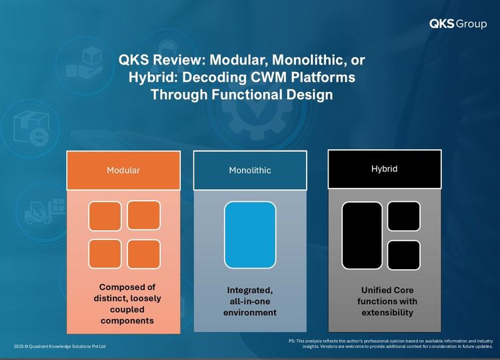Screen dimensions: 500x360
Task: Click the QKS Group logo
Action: point(458,24)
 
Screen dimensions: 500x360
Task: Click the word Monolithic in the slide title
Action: point(307,59)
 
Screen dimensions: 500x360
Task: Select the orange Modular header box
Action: point(123,170)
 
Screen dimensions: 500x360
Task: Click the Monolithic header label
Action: point(250,170)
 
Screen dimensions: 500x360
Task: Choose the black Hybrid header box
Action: point(385,169)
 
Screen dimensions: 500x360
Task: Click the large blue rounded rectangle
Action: point(250,235)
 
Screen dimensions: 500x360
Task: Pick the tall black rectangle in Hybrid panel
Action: point(362,235)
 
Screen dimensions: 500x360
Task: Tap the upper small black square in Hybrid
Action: point(404,216)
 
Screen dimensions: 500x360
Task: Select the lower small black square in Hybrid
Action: point(404,255)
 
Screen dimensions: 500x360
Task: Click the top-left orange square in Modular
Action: point(105,216)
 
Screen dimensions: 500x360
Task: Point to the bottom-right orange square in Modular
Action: point(144,254)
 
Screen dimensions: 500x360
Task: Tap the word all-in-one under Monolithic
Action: point(250,301)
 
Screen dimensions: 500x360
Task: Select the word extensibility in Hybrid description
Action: point(387,313)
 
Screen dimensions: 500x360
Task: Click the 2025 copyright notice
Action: point(59,346)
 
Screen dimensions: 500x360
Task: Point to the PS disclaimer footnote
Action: point(391,343)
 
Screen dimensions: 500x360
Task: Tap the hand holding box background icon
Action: point(84,64)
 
